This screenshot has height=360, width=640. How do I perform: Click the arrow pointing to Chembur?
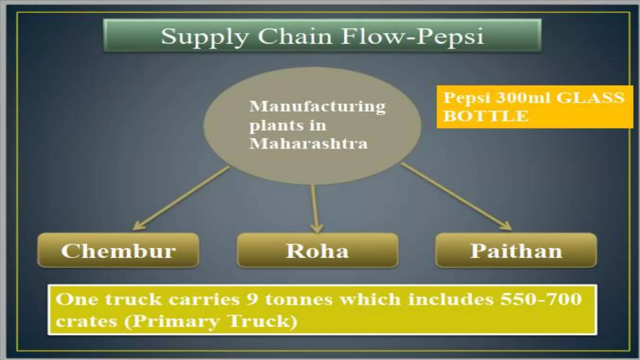pyautogui.click(x=181, y=198)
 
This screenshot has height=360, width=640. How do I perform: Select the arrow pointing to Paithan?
pyautogui.click(x=456, y=197)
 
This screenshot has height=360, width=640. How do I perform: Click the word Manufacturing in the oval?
pyautogui.click(x=317, y=107)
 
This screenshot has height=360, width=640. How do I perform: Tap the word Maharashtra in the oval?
pyautogui.click(x=308, y=144)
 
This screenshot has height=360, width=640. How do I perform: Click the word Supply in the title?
pyautogui.click(x=205, y=36)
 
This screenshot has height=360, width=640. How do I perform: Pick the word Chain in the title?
pyautogui.click(x=295, y=36)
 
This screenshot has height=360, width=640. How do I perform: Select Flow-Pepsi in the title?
pyautogui.click(x=412, y=36)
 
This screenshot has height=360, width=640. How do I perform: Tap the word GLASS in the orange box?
pyautogui.click(x=590, y=98)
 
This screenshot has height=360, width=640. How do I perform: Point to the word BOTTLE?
pyautogui.click(x=486, y=116)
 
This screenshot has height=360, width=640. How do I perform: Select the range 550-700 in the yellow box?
pyautogui.click(x=541, y=299)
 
